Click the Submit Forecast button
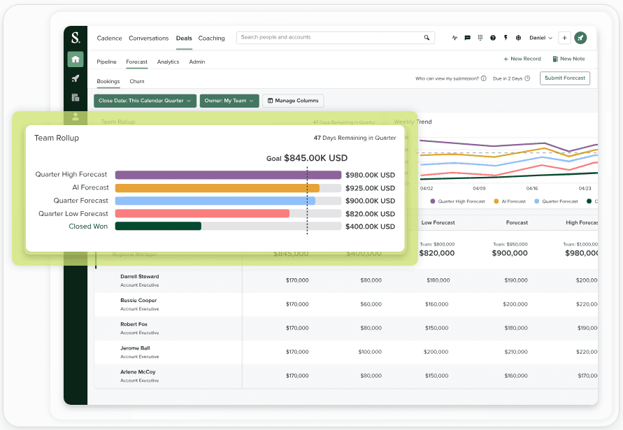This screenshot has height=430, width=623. point(565,78)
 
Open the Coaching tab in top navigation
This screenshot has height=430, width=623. point(211,38)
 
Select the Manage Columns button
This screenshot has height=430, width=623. point(293,101)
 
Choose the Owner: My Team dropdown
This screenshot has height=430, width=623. point(229,101)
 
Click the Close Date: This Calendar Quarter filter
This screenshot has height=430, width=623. point(145,101)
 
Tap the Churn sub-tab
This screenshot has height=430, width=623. point(137,82)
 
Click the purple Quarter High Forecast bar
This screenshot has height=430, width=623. point(228,175)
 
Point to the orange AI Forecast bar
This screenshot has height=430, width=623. point(217,188)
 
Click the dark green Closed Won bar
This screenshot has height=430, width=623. point(158,227)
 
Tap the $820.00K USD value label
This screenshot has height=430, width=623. point(370,214)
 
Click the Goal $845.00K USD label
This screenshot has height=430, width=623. point(307,159)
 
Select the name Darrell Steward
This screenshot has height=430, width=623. point(139,277)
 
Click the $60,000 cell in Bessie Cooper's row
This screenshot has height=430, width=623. point(371,304)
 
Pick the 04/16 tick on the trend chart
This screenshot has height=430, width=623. point(531,188)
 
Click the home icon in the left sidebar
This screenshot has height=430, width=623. point(76,59)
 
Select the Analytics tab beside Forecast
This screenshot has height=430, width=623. point(168,62)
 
